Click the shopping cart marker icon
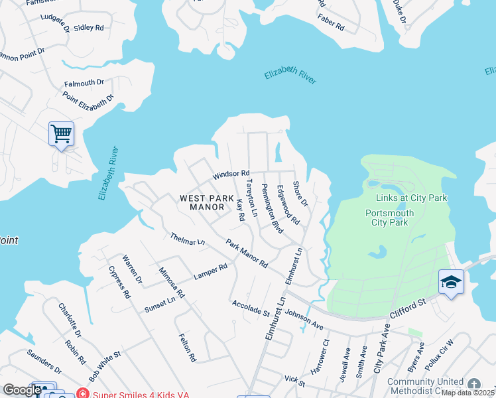point(61,134)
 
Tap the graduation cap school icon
point(451,282)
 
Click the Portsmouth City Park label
point(390,218)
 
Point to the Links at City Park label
point(412,198)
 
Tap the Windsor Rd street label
point(231,174)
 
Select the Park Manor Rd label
point(246,253)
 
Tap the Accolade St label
point(251,308)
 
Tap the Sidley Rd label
point(89,28)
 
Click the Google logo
point(22,390)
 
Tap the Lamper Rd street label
point(210,271)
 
